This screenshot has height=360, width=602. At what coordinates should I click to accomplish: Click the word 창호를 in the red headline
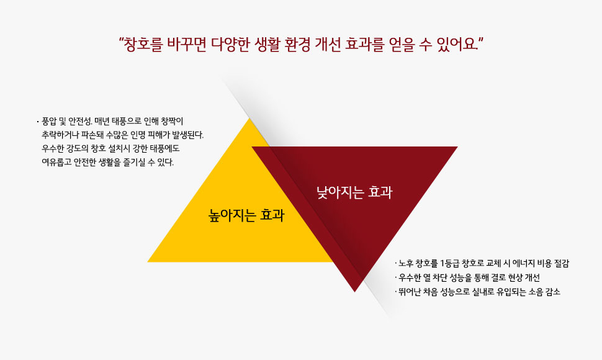coord(143,45)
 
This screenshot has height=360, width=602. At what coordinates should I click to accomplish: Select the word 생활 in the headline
coord(267,45)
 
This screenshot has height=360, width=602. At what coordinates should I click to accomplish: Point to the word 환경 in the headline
coord(297,45)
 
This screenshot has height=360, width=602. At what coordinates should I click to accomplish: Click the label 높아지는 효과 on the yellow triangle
coord(246,215)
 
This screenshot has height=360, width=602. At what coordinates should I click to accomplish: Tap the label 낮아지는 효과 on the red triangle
coord(354,192)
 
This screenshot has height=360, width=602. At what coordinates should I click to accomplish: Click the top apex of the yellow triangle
coord(250,118)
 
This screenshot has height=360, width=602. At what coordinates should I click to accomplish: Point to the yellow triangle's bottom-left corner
coord(148,262)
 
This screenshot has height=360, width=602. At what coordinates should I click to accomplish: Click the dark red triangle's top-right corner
coord(457,146)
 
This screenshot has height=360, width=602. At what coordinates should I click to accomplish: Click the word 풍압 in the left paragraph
coord(49,122)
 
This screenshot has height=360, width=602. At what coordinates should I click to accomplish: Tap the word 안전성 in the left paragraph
coord(80,122)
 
